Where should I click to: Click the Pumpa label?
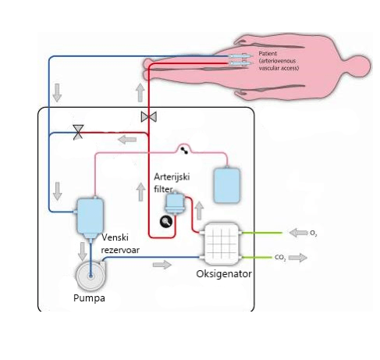[89, 298]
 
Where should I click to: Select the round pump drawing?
[91, 276]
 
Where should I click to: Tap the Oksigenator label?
[224, 274]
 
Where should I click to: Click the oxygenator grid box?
[221, 244]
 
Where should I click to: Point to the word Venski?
[115, 237]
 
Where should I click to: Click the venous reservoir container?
[90, 218]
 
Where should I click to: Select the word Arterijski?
[172, 177]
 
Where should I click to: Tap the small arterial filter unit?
[175, 203]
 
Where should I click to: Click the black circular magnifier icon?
[166, 222]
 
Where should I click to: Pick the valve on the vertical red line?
[149, 117]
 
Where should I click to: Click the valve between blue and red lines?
[78, 132]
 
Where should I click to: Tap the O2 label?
[314, 233]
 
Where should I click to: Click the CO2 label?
[280, 258]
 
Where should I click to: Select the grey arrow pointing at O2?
[298, 233]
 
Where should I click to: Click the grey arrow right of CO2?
[298, 258]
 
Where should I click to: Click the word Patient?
[268, 54]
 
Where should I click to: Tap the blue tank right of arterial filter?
[227, 185]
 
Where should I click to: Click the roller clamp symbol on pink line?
[184, 151]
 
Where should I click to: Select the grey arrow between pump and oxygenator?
[162, 265]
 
